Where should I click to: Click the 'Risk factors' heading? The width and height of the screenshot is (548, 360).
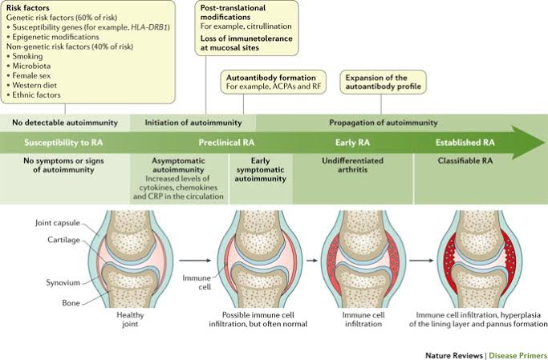pos(29,7)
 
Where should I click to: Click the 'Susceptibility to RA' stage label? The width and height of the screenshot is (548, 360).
pos(63,142)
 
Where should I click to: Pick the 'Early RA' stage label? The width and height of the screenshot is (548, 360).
pos(351,142)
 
